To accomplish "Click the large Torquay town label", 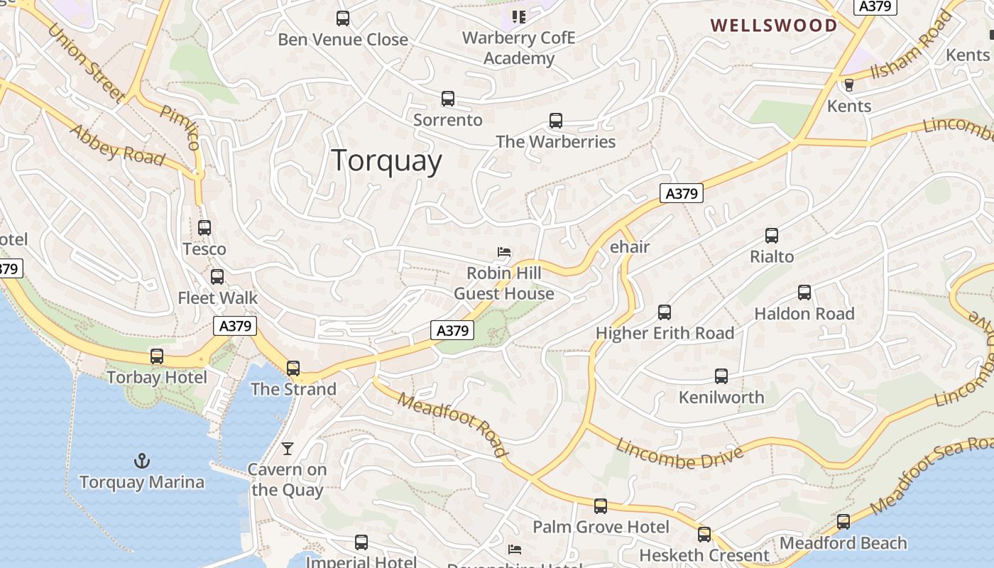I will point(387,160).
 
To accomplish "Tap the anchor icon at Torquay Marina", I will point(142,461).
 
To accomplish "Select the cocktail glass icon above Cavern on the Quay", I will point(288,448).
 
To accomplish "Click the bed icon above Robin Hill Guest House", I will point(503,252).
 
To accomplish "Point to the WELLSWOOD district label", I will point(774,26).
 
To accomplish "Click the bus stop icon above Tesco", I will point(204,228).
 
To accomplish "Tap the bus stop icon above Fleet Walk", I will point(217,277).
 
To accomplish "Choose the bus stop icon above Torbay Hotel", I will point(157,356).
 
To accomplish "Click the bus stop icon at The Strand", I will point(293,368).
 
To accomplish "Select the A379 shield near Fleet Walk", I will point(235,326).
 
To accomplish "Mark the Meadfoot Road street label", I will point(453,424).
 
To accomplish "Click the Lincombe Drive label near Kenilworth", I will point(679,454).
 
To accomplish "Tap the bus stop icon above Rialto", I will point(772,236).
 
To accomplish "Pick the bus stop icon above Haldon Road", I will point(804,293).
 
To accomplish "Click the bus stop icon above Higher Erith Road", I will point(665,312).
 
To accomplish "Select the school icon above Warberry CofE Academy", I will point(519,16).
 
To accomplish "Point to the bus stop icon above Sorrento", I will point(448,99).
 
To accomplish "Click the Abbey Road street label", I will point(117,146).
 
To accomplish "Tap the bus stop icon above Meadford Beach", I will point(843,522).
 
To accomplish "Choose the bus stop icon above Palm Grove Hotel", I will point(601,506).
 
